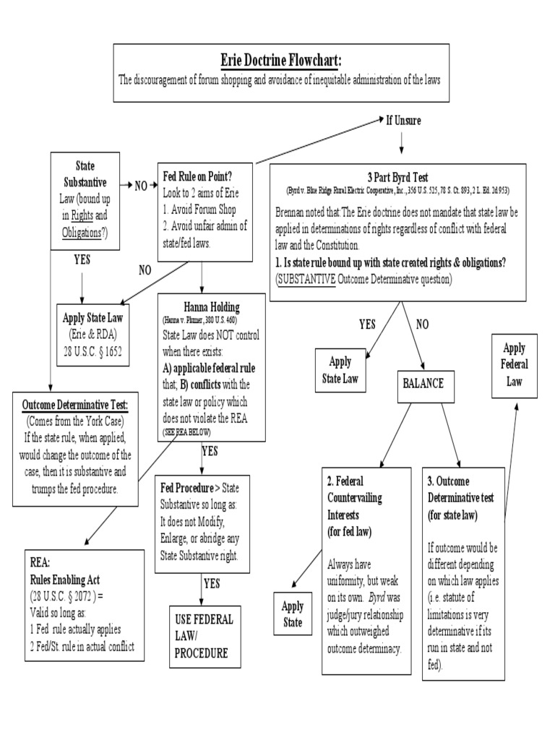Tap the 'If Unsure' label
(x=402, y=120)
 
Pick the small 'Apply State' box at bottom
(x=293, y=613)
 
